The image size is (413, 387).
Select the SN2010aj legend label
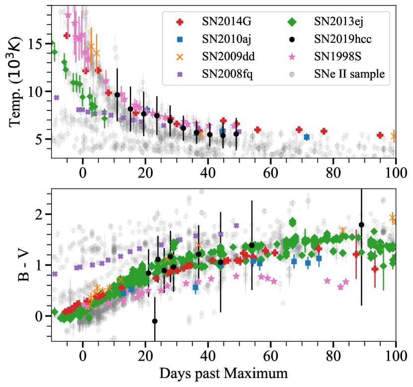click(227, 39)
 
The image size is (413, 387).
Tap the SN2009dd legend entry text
click(227, 57)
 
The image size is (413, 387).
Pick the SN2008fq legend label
click(226, 74)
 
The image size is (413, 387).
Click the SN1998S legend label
click(336, 57)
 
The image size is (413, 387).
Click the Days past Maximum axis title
click(224, 373)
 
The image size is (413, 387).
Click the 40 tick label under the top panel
click(208, 173)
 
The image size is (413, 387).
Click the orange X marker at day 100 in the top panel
click(394, 136)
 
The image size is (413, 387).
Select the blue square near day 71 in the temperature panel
click(307, 137)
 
